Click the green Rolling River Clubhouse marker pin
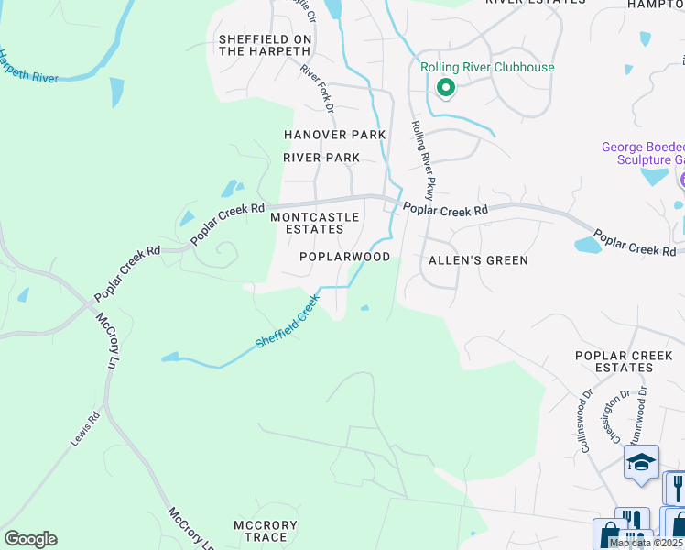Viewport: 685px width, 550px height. tap(446, 88)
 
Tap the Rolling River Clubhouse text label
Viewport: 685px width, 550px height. tap(487, 68)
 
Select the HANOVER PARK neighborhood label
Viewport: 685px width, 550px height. tap(334, 135)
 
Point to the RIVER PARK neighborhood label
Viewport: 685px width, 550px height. tap(321, 158)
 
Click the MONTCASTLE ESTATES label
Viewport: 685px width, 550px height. tap(308, 223)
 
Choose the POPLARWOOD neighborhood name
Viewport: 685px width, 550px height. tap(345, 258)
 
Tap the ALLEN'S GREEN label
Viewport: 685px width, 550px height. tap(479, 260)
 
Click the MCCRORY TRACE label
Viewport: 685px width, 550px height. tap(266, 532)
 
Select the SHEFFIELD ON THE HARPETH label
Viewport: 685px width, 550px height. tap(265, 45)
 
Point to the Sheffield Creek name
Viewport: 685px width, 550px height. tap(288, 320)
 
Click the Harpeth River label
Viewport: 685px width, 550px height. tap(27, 67)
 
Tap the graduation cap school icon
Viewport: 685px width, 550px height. tap(641, 463)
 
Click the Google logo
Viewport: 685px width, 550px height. tap(30, 539)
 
